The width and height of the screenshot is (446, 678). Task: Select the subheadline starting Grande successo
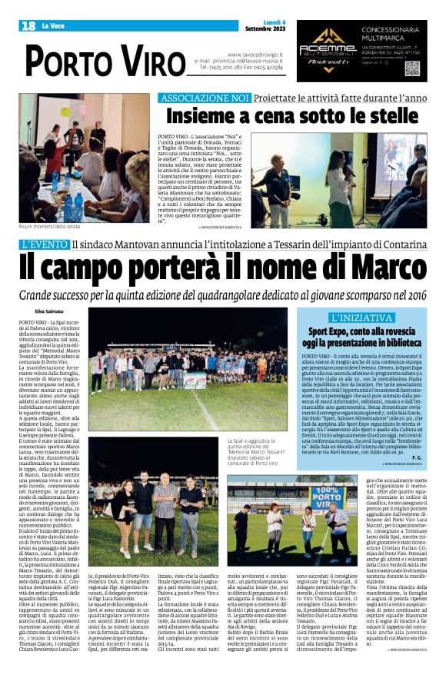tap(223, 294)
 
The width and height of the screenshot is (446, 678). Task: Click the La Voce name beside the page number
tap(52, 26)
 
